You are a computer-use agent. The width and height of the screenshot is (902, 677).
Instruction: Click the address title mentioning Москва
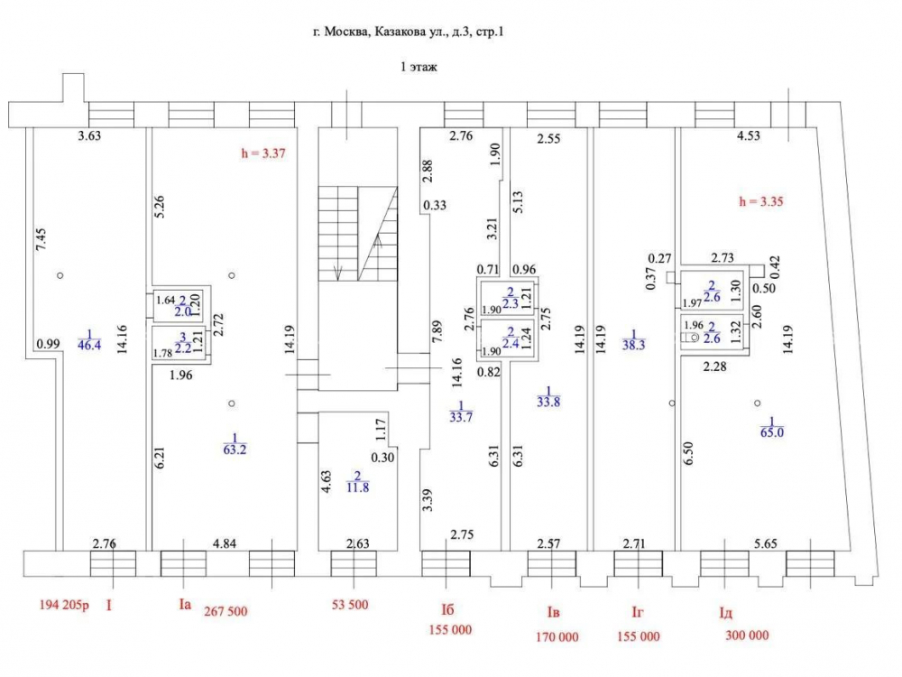click(409, 32)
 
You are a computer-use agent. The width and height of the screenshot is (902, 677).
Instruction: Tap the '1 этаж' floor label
click(419, 67)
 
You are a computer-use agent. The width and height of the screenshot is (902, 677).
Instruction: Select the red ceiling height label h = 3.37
click(263, 153)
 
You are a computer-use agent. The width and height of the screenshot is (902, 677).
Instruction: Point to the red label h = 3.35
click(761, 201)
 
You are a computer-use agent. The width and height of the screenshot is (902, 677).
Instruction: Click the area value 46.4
click(89, 345)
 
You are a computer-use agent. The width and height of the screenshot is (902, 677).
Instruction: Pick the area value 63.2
click(235, 449)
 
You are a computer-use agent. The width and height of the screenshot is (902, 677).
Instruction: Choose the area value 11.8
click(358, 487)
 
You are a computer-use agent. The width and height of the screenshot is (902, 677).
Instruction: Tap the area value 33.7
click(461, 416)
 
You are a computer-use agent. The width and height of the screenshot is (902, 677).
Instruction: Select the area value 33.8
click(548, 402)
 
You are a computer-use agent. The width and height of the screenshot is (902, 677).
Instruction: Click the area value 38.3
click(633, 345)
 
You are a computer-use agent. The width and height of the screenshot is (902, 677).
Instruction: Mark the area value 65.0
click(772, 431)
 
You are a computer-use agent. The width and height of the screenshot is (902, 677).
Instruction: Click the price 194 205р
click(64, 605)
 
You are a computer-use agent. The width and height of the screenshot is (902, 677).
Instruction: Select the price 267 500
click(225, 611)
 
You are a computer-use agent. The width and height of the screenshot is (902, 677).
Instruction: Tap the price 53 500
click(350, 605)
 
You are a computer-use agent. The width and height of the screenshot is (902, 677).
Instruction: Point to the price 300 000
click(747, 635)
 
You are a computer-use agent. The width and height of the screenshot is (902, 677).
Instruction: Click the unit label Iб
click(447, 609)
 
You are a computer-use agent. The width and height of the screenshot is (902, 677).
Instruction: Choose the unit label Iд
click(726, 613)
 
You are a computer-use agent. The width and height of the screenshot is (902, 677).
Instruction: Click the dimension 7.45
click(41, 239)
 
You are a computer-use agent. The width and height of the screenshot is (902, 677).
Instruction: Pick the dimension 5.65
click(766, 543)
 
